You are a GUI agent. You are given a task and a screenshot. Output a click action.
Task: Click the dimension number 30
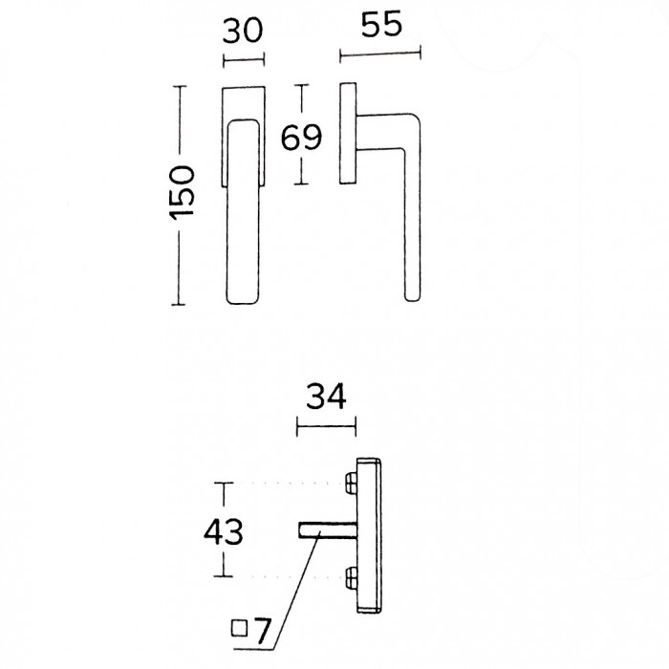tap(243, 31)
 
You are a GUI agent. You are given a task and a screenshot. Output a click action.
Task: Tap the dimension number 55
tap(381, 24)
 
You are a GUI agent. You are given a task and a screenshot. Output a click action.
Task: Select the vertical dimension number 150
tap(183, 193)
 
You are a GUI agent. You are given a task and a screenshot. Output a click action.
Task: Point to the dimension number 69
tap(301, 138)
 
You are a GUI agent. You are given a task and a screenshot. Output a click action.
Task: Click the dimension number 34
tap(326, 397)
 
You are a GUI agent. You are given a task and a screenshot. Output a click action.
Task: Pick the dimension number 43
tap(223, 531)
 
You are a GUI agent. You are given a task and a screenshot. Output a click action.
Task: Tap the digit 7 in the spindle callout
tap(262, 631)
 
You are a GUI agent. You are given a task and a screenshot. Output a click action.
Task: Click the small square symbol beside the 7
tap(239, 628)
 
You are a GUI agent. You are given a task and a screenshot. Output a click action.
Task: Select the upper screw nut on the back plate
tap(351, 483)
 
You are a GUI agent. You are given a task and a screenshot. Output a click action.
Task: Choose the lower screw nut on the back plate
tap(351, 576)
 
